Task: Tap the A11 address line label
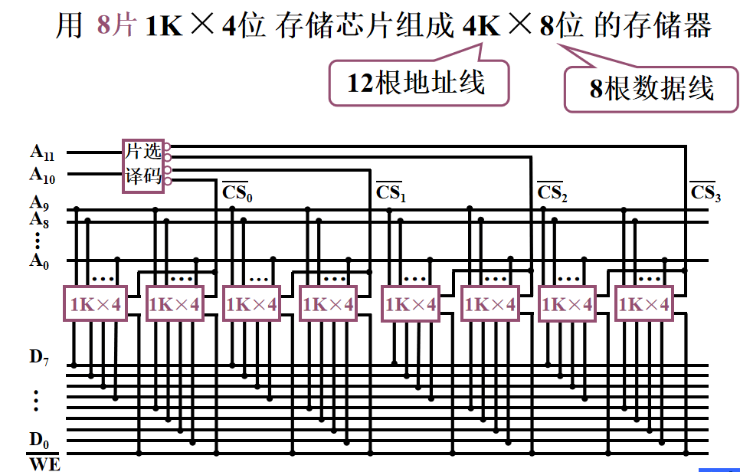[41, 152]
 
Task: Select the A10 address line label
[41, 175]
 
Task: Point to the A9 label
[39, 204]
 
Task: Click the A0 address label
[39, 261]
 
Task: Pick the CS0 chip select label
[237, 192]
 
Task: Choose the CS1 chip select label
[391, 192]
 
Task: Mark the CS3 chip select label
[706, 192]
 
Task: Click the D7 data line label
[39, 357]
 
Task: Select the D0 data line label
[39, 441]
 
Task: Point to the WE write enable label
[44, 463]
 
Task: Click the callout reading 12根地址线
[418, 82]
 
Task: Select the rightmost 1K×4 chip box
[644, 304]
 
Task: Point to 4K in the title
[482, 27]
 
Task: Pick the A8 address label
[39, 220]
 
